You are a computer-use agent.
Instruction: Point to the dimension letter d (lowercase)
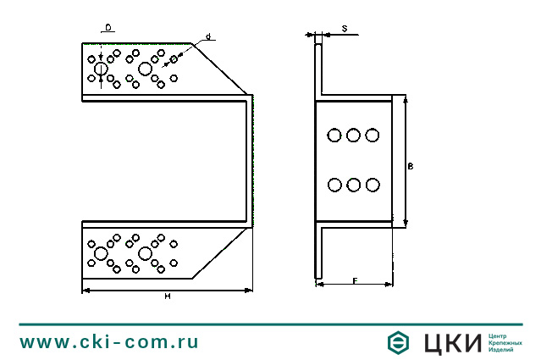(x=208, y=36)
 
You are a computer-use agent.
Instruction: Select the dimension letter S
(x=344, y=28)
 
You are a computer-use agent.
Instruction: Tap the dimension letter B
(x=410, y=168)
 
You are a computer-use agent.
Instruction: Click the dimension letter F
(x=355, y=280)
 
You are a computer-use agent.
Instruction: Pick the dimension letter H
(x=168, y=296)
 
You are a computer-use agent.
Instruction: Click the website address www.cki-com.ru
(x=109, y=342)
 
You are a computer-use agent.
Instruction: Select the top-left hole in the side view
(x=334, y=135)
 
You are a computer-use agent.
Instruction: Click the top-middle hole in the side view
(x=354, y=135)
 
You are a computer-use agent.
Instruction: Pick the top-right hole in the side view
(x=373, y=135)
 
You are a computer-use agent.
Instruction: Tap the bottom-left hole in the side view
(x=334, y=184)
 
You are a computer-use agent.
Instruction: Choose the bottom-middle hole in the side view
(x=354, y=184)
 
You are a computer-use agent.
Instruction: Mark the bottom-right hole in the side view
(x=373, y=184)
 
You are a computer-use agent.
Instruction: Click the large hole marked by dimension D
(x=101, y=69)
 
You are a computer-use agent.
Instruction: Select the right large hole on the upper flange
(x=145, y=69)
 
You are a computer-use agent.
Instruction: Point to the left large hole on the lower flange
(x=101, y=254)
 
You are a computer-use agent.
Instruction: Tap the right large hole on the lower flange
(x=145, y=254)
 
